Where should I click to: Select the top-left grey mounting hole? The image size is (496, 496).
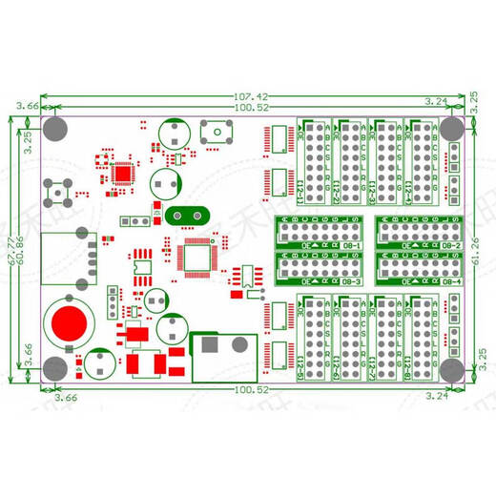(x=55, y=127)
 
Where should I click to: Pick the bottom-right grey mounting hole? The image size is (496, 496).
(x=452, y=370)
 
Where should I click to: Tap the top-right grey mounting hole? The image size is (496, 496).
(x=452, y=127)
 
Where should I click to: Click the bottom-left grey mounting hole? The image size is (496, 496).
(x=55, y=370)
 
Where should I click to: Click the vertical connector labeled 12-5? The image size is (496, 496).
(x=315, y=339)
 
